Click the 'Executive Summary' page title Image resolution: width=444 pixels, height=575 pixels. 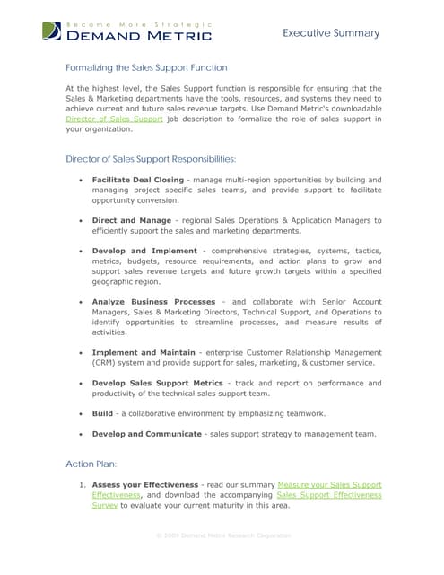(331, 33)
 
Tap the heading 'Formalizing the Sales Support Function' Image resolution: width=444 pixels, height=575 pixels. (146, 67)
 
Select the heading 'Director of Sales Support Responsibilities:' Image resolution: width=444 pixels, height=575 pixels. (151, 159)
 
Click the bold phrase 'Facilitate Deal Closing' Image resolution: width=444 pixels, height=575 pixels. (137, 180)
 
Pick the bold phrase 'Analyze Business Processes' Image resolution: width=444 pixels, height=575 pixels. (153, 301)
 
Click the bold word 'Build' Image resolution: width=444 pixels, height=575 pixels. (102, 413)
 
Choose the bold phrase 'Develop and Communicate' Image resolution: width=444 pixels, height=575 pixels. (146, 434)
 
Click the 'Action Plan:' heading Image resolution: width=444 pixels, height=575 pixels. (91, 464)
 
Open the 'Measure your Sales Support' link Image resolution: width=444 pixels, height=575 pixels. (329, 484)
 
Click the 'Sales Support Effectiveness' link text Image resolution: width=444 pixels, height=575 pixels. (328, 495)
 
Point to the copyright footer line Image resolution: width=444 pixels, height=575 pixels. (223, 535)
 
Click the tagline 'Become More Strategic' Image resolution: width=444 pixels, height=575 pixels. (140, 24)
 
